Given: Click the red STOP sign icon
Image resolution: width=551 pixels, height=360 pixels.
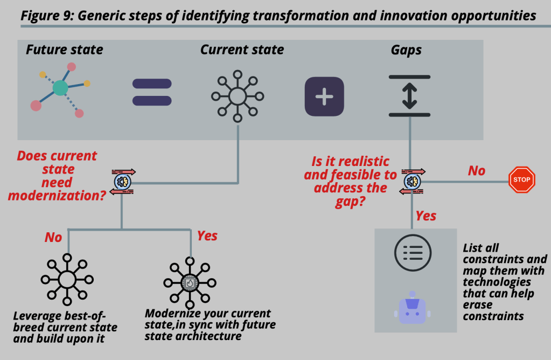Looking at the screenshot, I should (x=521, y=179).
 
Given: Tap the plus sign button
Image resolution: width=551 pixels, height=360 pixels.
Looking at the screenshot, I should (x=324, y=96).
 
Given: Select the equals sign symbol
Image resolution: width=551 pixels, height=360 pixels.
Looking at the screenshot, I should (x=152, y=92).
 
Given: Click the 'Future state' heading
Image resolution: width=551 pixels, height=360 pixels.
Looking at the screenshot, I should (x=64, y=51).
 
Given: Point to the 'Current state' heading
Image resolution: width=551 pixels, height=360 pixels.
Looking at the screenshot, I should (x=242, y=50).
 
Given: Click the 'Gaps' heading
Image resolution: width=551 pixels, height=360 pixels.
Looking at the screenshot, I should (x=406, y=51).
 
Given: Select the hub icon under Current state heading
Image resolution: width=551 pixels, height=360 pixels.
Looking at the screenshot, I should (x=237, y=96).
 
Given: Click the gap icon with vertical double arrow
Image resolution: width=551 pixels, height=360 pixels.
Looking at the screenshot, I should (x=409, y=96).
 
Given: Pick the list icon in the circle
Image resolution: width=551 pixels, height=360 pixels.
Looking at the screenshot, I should (x=413, y=252).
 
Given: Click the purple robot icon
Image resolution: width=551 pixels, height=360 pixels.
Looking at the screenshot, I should (x=413, y=309).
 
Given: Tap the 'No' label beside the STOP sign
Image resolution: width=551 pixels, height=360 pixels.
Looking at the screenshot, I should (x=476, y=171).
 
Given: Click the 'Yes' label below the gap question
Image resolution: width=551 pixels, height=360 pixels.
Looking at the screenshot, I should (x=426, y=216).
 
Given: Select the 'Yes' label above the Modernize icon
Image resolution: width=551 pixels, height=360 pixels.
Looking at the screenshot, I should (x=207, y=236).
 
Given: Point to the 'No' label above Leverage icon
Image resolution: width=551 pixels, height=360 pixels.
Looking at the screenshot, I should (x=53, y=237).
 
